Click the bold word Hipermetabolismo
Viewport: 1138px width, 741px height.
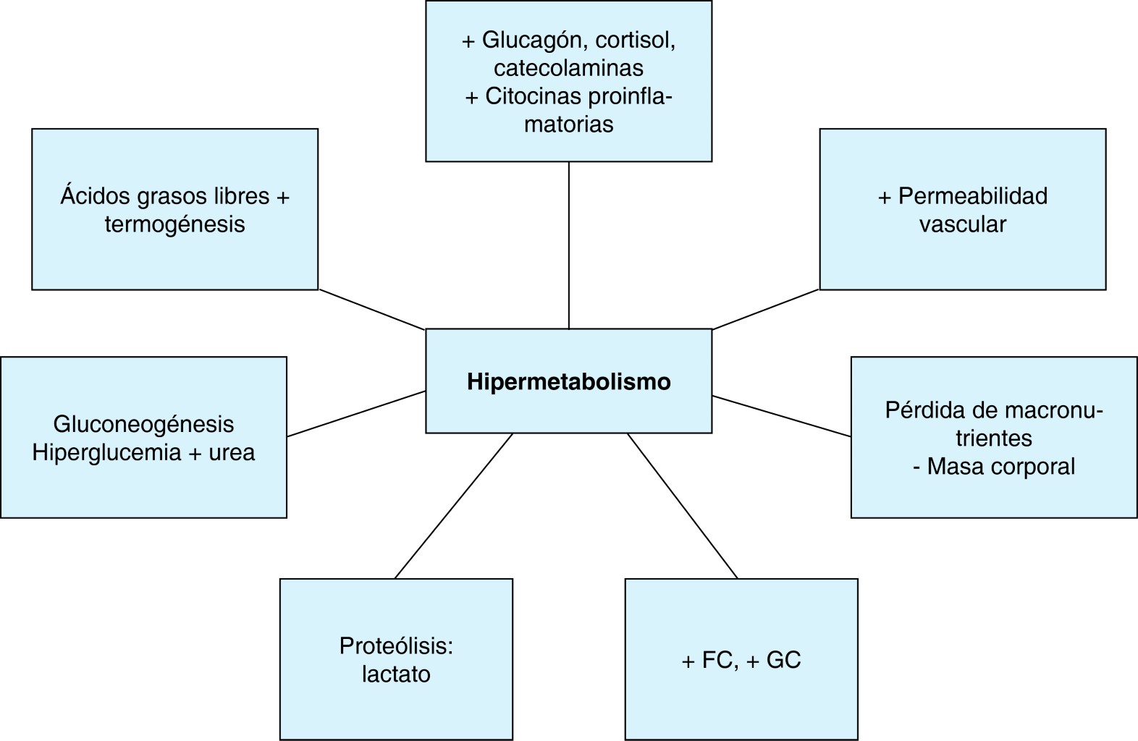[568, 381]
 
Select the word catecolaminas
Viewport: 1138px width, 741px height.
[568, 68]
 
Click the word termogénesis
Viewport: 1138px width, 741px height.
[174, 224]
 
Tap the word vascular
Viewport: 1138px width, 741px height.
[962, 224]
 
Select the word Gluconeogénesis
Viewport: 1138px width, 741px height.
[143, 424]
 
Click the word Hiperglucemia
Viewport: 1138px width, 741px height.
[106, 452]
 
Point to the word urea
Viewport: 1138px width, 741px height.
[232, 452]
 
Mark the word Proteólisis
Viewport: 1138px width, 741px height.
[396, 645]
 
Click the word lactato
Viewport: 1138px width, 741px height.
[396, 674]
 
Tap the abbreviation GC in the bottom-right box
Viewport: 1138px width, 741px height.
[783, 660]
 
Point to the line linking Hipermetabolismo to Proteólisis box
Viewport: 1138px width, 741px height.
[454, 505]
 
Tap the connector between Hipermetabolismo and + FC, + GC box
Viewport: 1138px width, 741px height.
[682, 505]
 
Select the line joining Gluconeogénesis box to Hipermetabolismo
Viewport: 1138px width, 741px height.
[356, 414]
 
